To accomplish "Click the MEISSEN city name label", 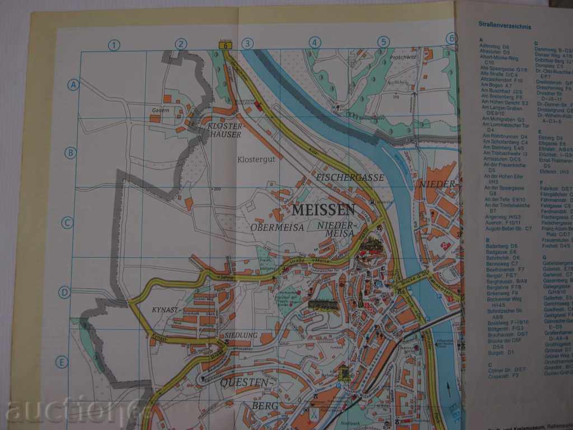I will (x=323, y=210).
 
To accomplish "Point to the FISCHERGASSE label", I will (x=350, y=177).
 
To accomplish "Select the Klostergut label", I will (x=255, y=160).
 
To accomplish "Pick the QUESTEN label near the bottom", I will (x=244, y=382).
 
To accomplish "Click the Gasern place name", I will (x=160, y=110).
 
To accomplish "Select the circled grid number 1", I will (x=114, y=44).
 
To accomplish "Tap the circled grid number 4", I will (x=314, y=42).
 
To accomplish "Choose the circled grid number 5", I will (x=383, y=41).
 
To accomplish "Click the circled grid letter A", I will (x=73, y=85).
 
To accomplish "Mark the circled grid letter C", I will (x=67, y=222).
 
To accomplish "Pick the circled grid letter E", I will (x=62, y=362).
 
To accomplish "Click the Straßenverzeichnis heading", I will (x=505, y=25).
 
